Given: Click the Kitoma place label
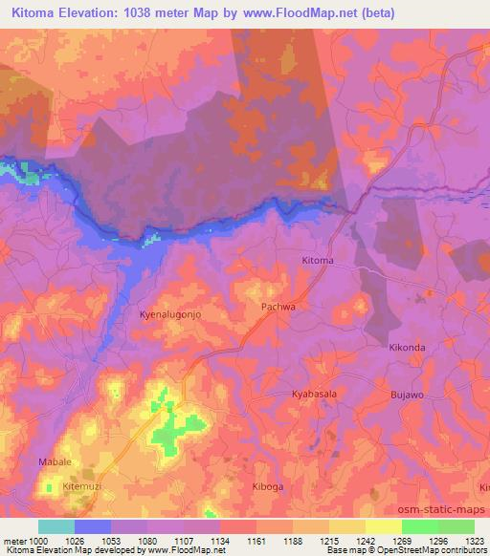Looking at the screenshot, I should (x=317, y=261).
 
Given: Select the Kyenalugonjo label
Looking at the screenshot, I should (x=170, y=314).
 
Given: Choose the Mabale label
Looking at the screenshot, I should (x=55, y=462).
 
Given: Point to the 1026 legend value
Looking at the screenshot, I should (x=74, y=540).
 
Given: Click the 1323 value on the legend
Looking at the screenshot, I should (x=474, y=540).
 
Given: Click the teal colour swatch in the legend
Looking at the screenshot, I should (x=56, y=526).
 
